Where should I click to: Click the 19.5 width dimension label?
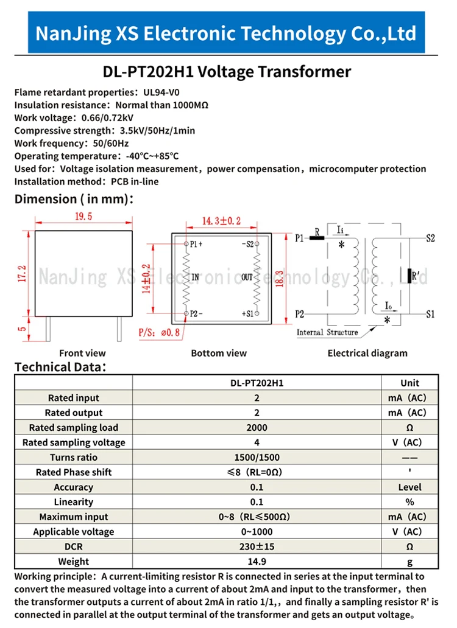[x=83, y=216]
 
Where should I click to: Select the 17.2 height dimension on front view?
[x=22, y=274]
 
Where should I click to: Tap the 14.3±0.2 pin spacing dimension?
[x=221, y=221]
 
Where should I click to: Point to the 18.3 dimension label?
[x=280, y=279]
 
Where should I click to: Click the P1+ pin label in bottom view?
[x=196, y=244]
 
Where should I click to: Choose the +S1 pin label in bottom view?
[x=248, y=313]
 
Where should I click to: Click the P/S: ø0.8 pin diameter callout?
[x=159, y=332]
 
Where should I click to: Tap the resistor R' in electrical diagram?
[x=409, y=276]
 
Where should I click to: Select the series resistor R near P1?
[x=317, y=238]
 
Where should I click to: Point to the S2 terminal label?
[x=431, y=239]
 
